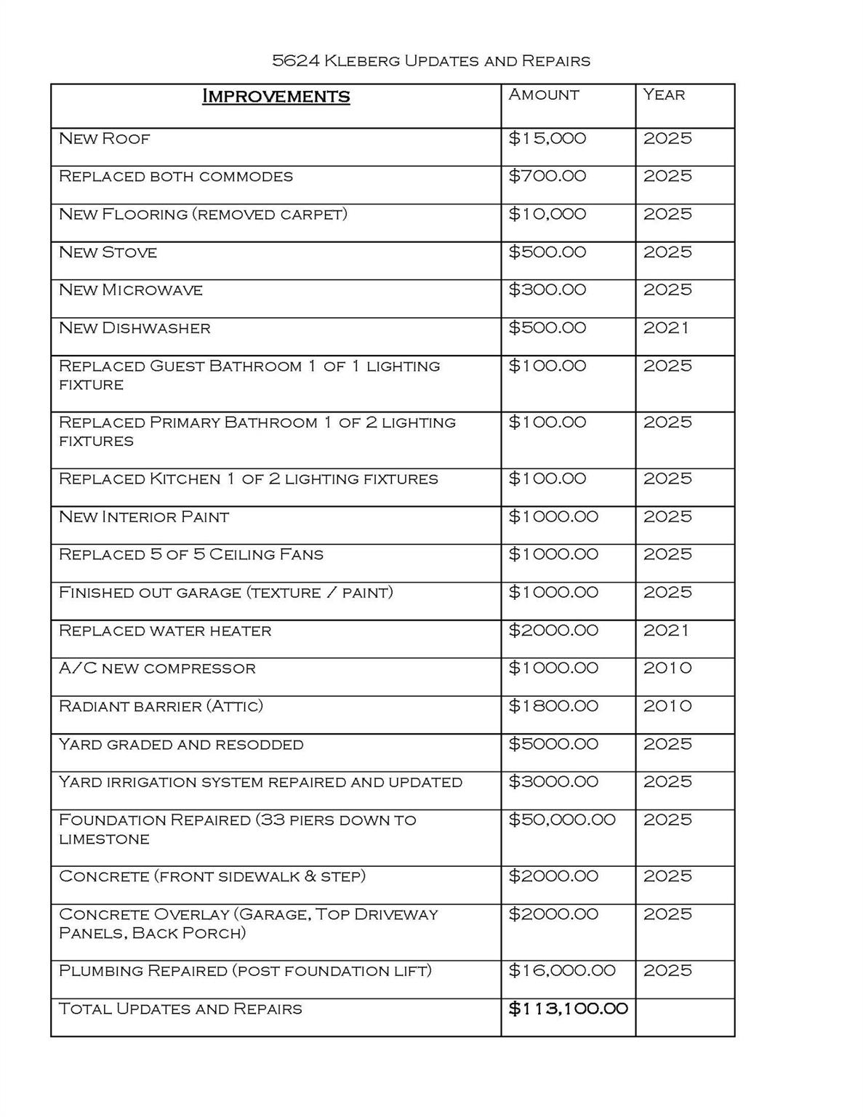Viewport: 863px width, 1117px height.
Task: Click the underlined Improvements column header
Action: point(276,96)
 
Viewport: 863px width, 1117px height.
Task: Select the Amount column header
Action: point(544,95)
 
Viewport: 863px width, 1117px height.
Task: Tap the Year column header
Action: point(664,95)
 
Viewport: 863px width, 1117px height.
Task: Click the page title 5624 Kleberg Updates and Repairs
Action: point(431,60)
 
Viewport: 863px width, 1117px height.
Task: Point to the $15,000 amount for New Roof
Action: point(547,138)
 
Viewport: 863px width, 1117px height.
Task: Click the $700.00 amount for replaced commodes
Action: point(547,176)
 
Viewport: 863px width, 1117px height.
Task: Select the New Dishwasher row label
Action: point(135,328)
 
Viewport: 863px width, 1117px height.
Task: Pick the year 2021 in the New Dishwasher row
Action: point(666,328)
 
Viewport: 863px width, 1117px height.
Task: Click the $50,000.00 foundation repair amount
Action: point(562,820)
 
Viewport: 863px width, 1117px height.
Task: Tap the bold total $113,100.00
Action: point(568,1009)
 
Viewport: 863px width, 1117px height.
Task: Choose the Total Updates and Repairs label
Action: point(180,1009)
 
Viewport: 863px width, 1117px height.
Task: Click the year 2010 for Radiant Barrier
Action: point(667,705)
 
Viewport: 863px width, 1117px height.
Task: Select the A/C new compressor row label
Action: point(157,668)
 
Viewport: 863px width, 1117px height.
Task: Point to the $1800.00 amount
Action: point(553,705)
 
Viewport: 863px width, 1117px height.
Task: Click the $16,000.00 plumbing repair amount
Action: point(562,970)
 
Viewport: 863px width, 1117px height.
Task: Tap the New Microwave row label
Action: point(131,290)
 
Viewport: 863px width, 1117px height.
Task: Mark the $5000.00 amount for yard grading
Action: point(553,744)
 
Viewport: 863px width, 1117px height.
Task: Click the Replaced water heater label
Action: point(165,630)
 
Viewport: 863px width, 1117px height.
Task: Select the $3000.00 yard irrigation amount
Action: point(553,782)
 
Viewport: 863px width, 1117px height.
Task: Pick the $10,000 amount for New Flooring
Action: point(547,214)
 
